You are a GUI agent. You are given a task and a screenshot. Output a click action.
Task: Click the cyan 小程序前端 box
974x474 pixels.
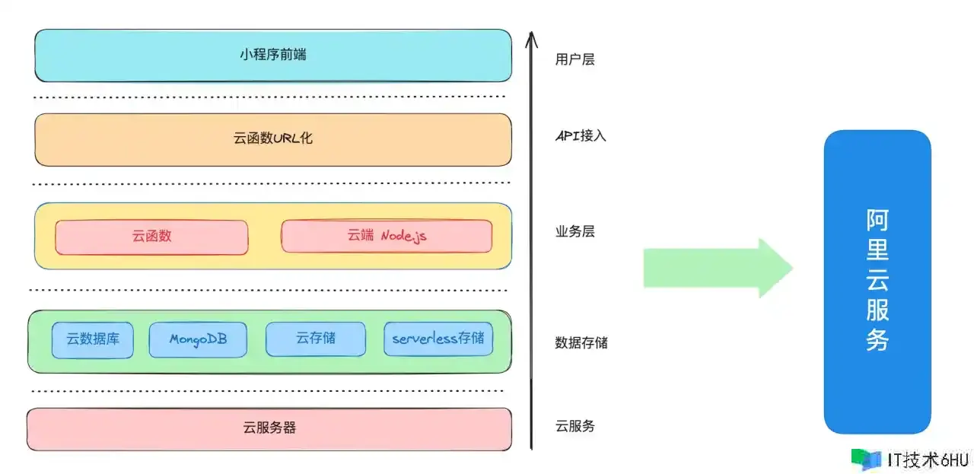273,56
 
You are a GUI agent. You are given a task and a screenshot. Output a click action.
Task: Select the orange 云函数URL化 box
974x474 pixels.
273,139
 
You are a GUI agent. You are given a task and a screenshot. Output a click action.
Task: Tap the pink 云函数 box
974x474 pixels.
151,237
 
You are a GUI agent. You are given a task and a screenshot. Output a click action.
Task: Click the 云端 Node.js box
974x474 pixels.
387,236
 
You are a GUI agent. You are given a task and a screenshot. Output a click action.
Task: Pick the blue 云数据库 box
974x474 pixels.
93,340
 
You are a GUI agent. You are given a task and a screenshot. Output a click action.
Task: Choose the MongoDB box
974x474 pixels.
198,339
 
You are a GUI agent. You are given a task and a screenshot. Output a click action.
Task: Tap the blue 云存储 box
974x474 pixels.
316,339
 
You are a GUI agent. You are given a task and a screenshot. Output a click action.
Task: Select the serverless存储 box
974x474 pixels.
438,339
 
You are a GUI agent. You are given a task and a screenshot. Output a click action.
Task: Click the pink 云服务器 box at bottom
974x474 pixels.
269,429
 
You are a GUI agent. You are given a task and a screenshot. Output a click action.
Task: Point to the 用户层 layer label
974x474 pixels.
575,59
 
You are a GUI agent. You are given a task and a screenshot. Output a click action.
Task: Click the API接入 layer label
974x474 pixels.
581,136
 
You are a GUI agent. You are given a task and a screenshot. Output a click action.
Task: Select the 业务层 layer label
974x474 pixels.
575,231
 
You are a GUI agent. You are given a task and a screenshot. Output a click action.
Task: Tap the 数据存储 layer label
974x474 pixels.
581,343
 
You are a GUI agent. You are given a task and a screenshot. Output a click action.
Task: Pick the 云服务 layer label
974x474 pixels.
575,426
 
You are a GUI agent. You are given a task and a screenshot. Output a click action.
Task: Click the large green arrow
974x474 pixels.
718,268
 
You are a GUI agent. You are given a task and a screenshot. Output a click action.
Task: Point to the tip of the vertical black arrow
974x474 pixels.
531,32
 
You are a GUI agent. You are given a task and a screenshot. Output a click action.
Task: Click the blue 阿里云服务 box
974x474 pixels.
877,282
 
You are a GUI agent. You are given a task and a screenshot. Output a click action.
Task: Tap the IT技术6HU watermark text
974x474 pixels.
928,460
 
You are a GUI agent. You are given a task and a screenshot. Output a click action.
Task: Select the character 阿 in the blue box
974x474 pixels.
877,220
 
